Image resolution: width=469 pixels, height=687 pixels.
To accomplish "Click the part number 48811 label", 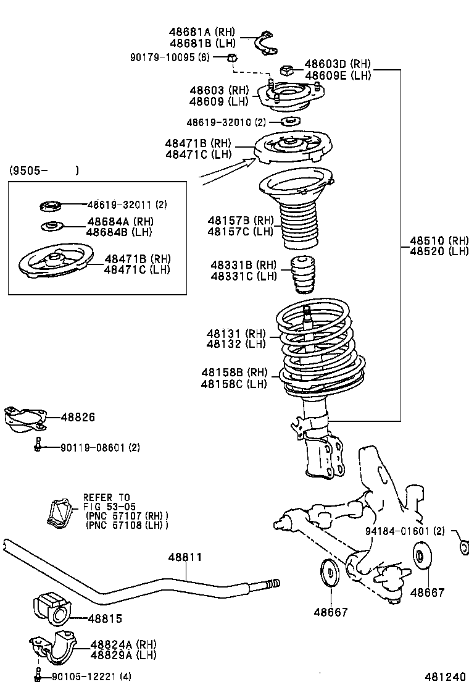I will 185,557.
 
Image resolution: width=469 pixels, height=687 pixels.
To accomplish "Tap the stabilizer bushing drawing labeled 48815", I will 52,609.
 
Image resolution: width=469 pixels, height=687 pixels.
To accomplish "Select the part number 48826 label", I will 78,418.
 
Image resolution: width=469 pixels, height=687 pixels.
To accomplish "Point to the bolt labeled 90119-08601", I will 38,444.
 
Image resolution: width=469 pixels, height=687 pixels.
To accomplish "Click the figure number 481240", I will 444,676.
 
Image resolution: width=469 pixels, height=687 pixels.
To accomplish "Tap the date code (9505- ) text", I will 43,171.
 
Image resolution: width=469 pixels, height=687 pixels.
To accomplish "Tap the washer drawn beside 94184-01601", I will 462,547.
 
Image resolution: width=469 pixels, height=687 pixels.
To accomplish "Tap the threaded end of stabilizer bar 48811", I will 272,583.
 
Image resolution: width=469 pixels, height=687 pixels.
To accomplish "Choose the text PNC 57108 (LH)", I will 127,525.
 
